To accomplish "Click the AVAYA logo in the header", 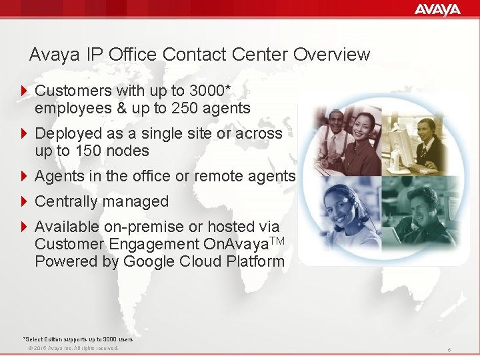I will (437, 9).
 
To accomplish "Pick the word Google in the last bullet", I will (148, 261).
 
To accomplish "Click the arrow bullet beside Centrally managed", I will (25, 201).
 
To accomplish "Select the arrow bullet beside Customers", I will (25, 91).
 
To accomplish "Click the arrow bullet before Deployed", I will (25, 133).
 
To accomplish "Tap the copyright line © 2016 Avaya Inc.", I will (69, 348).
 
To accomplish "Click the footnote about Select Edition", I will (77, 339).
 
